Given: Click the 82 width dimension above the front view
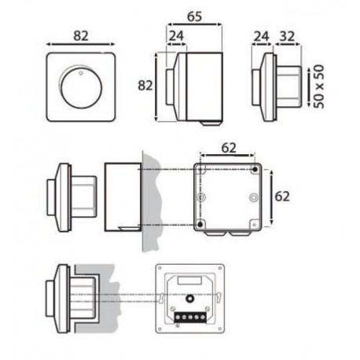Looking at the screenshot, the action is (81, 36).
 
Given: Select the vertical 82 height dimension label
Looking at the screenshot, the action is (145, 86).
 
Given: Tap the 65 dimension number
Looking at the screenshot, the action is (195, 17).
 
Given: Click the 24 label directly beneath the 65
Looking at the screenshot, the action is (176, 36).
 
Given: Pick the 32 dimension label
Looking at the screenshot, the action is (288, 36).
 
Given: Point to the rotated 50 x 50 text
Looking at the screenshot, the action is (319, 86).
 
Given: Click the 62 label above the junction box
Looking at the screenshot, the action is (229, 148).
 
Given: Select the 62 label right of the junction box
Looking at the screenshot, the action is (282, 197).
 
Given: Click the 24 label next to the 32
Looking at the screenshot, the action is (261, 36).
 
